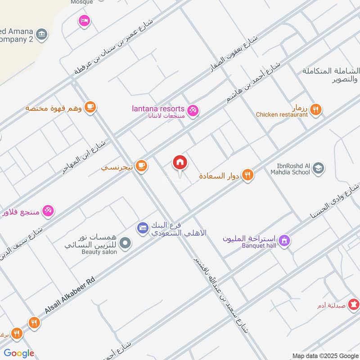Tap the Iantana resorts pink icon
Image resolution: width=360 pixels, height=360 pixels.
(193, 109)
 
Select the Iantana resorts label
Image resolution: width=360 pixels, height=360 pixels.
(158, 109)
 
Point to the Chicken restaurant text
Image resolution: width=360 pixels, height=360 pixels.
(282, 115)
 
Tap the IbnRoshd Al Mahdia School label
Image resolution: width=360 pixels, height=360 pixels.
(290, 168)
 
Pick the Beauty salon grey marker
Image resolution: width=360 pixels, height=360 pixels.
(126, 243)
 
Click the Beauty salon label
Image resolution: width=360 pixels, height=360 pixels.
(99, 252)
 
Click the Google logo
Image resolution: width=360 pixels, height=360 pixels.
(19, 353)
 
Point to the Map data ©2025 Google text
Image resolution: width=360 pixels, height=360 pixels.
(324, 355)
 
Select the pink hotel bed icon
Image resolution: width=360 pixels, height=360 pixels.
(84, 20)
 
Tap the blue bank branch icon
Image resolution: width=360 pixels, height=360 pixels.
(143, 228)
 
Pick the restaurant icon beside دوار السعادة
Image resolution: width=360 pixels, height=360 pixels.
(247, 175)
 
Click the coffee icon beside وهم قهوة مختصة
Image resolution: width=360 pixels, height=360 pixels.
(90, 107)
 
